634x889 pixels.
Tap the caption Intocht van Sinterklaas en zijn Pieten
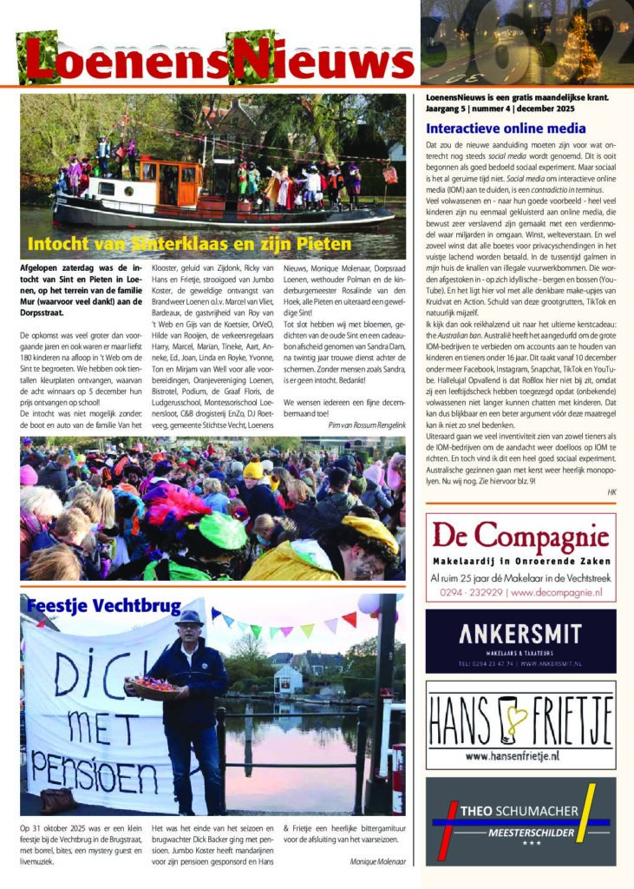coord(189,243)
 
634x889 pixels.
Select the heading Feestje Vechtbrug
coord(103,605)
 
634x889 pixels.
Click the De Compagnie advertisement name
coord(520,535)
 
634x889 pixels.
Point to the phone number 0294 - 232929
coord(469,593)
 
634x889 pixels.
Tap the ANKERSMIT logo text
coord(520,630)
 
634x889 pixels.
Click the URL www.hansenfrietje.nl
coord(520,756)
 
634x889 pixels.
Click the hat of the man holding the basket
coord(189,618)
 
